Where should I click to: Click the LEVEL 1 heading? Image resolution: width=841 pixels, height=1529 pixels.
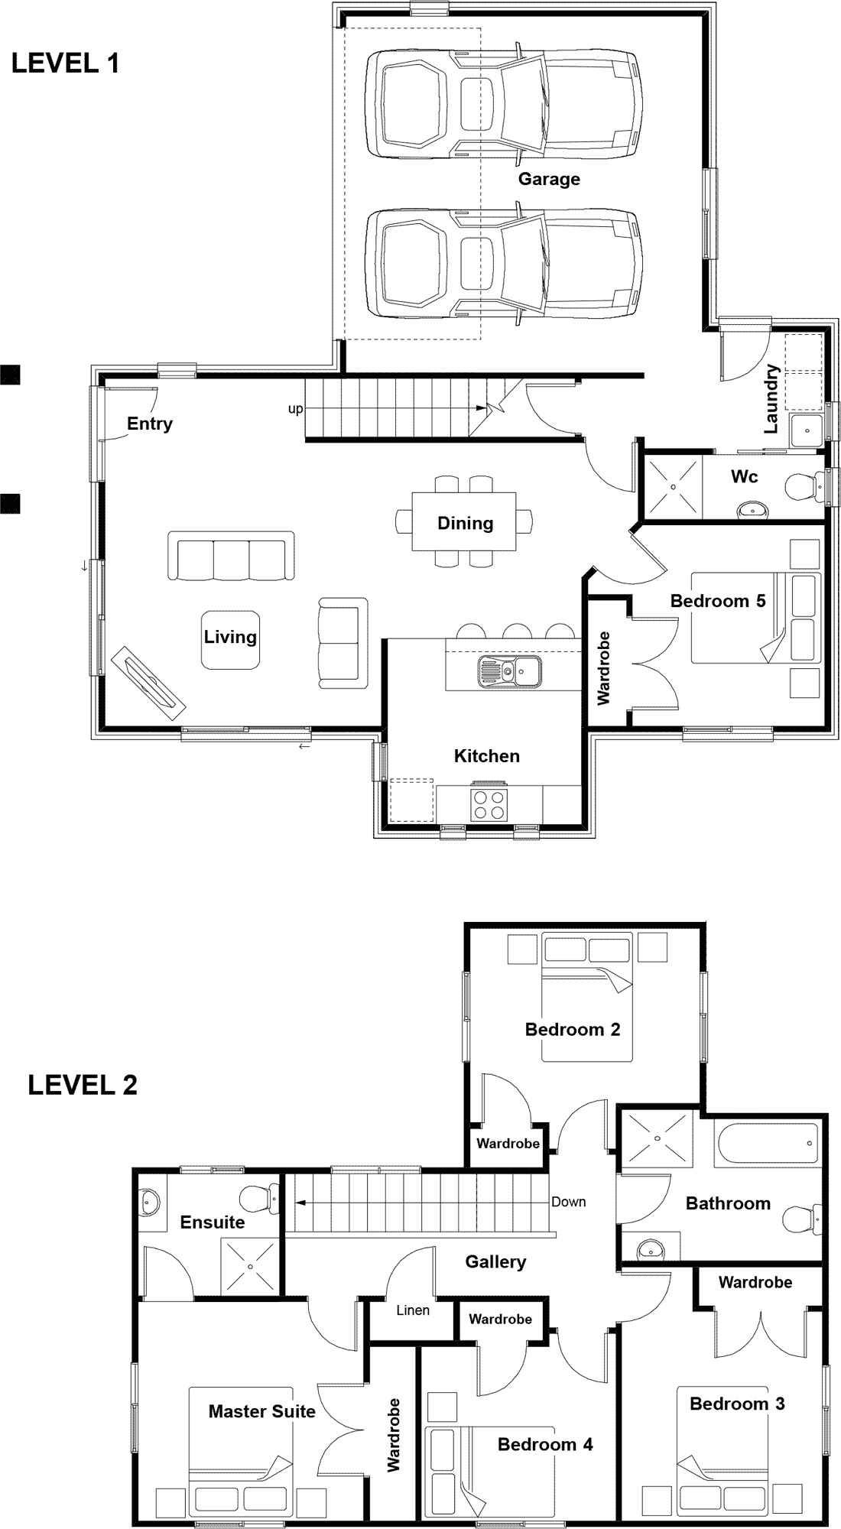(66, 63)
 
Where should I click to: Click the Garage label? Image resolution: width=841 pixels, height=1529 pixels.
(549, 179)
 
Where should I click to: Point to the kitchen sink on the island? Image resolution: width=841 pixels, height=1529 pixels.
(509, 671)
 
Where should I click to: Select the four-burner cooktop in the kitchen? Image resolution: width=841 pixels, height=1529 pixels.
(489, 803)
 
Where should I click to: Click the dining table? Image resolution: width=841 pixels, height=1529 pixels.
(465, 523)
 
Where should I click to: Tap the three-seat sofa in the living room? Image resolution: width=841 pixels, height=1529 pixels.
(231, 556)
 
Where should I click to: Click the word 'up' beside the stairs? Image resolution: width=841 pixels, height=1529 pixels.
(295, 409)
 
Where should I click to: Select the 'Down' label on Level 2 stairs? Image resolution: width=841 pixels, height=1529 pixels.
(569, 1202)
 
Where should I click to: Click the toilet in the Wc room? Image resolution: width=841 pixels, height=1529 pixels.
(803, 485)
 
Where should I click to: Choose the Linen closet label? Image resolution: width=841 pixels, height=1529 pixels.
(413, 1310)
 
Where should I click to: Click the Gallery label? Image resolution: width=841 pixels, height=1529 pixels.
(495, 1261)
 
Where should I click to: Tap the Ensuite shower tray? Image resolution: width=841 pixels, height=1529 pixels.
(250, 1267)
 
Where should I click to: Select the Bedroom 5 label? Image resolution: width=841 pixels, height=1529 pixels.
(718, 601)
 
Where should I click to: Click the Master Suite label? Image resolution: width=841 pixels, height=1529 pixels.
(262, 1411)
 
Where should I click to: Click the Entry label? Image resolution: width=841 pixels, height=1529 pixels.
(150, 424)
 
